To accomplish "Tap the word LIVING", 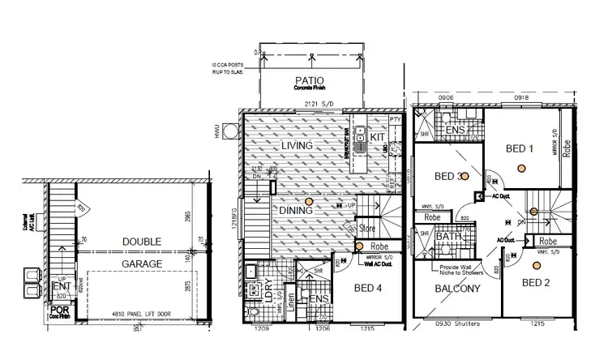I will pos(297,145).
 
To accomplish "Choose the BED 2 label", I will pos(537,282).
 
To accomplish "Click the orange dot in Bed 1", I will pos(524,168).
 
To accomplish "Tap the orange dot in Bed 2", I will pos(534,264).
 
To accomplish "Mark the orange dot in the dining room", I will pos(308,201).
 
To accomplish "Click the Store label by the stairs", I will pos(368,228).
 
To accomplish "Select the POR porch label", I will pos(59,310).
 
